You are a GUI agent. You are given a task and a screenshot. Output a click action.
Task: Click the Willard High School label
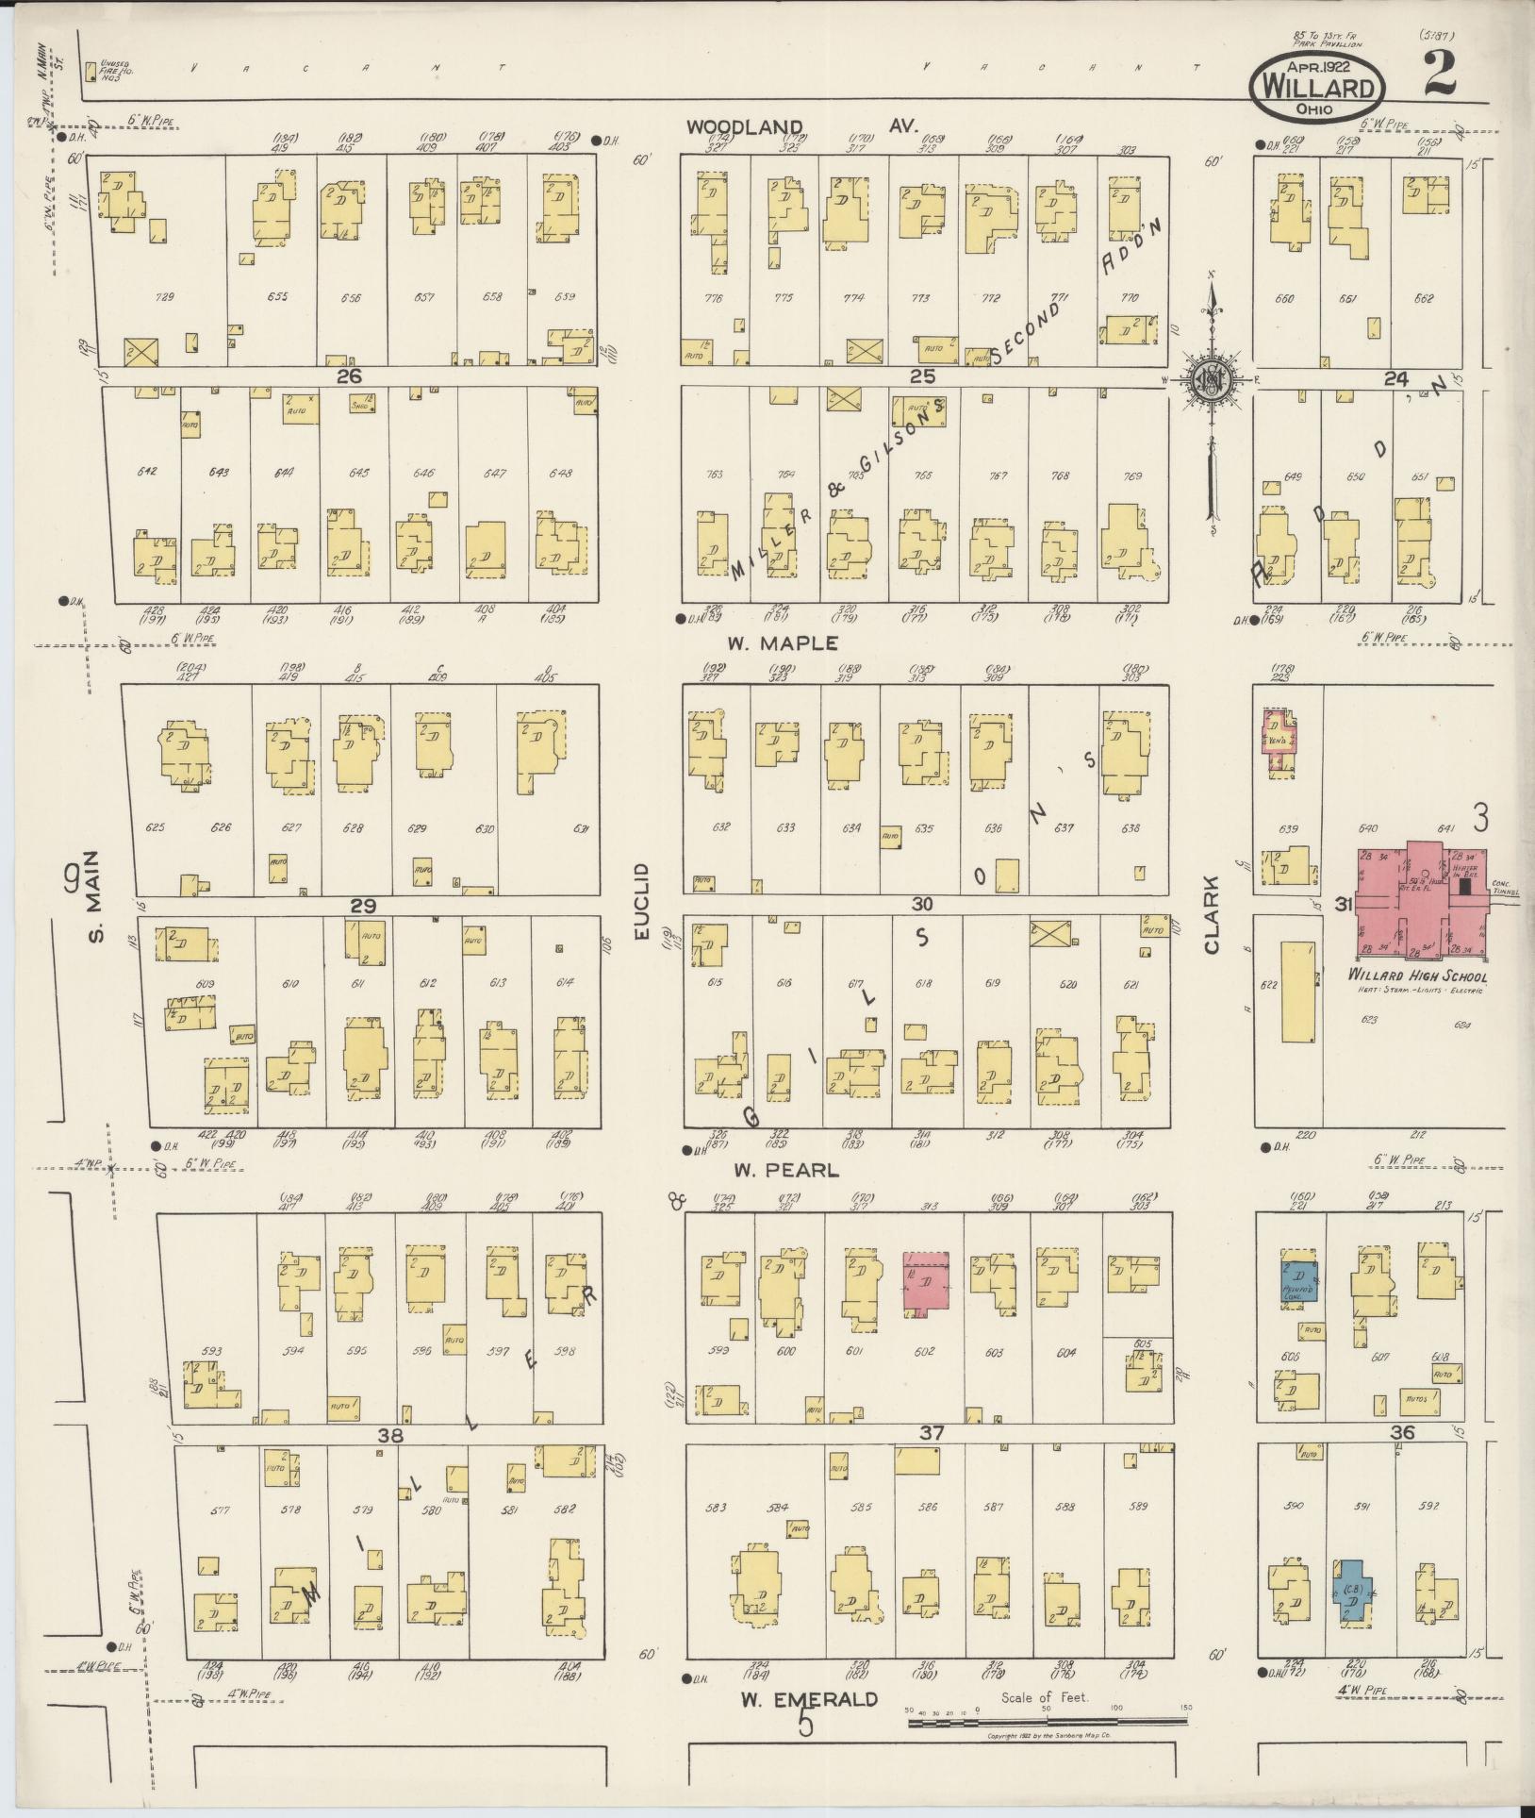click(1416, 976)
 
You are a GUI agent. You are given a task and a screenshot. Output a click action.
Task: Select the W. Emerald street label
click(808, 1700)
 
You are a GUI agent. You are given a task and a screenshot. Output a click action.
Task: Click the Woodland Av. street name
click(801, 126)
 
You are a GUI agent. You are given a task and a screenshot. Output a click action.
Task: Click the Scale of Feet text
click(1045, 1697)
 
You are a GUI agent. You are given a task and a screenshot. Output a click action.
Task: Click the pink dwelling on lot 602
click(926, 1282)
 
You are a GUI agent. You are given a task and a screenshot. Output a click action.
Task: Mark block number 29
click(363, 906)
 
